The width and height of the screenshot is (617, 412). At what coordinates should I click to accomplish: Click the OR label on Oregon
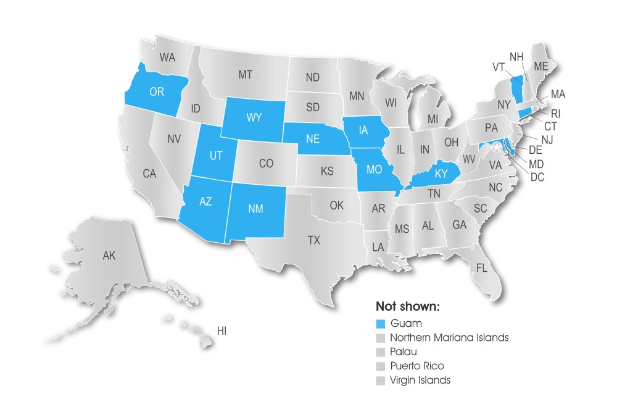coord(157,91)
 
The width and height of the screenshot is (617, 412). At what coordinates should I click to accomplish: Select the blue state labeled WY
coord(254,117)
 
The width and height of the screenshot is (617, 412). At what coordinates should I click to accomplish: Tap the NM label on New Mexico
coord(255,209)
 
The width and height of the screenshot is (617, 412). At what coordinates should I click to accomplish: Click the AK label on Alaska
coord(109,254)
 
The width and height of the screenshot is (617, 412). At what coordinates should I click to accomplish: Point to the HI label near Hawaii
coord(222,332)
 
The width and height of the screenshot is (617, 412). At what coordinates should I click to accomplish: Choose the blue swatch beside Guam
coord(381,323)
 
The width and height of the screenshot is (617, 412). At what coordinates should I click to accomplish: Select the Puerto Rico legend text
coord(416,366)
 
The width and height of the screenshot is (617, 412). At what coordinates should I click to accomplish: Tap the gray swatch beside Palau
coord(381,351)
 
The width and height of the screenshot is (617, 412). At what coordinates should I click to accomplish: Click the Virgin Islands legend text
coord(420,380)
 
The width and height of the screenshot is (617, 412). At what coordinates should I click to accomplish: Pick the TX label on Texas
coord(314,240)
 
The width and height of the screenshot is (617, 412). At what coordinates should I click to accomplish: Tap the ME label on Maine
coord(541,65)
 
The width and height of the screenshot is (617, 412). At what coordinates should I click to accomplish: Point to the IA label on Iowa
coord(364,130)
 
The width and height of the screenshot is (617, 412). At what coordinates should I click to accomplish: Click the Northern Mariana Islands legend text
coord(449,337)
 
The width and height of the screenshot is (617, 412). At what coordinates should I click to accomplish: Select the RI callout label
coord(556,113)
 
